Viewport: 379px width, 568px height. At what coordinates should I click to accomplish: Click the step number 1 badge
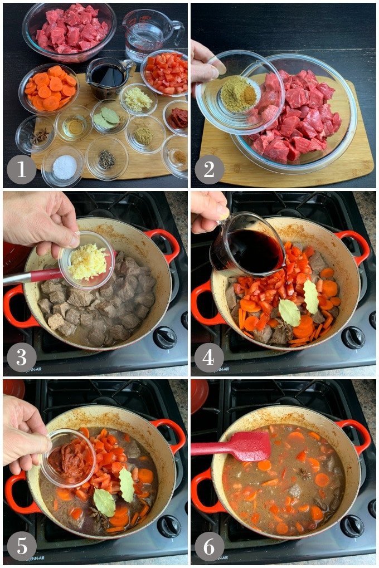[21, 169]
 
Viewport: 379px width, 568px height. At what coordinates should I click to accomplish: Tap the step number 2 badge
[209, 169]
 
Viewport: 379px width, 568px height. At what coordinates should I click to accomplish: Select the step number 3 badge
[21, 357]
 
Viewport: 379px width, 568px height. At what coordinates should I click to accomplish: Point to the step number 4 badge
[209, 357]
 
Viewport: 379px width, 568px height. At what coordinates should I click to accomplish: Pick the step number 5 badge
[21, 546]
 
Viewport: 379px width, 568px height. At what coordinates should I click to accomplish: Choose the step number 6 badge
[209, 546]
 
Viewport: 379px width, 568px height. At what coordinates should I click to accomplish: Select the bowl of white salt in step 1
[64, 165]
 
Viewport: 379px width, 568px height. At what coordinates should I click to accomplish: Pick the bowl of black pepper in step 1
[106, 159]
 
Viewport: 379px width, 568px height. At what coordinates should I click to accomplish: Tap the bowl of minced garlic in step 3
[88, 261]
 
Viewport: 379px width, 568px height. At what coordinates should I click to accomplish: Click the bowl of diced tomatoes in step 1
[166, 74]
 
